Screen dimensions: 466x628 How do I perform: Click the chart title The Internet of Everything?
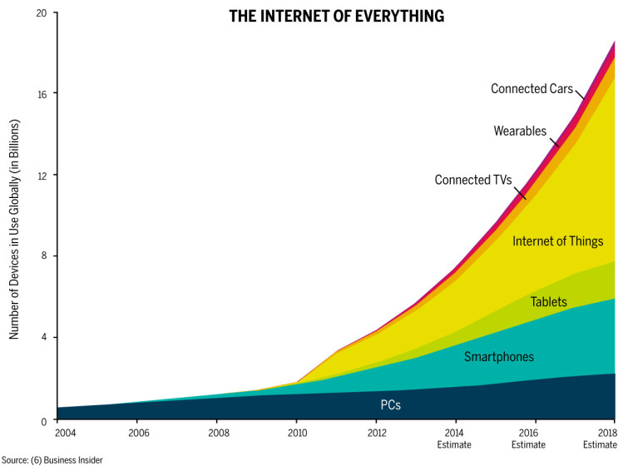tap(337, 16)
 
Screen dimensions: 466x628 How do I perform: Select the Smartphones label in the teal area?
tap(498, 357)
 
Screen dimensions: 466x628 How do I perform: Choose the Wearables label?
tap(520, 131)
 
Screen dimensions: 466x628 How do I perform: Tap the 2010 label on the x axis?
tap(297, 434)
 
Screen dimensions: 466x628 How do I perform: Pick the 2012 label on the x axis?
tap(376, 434)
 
